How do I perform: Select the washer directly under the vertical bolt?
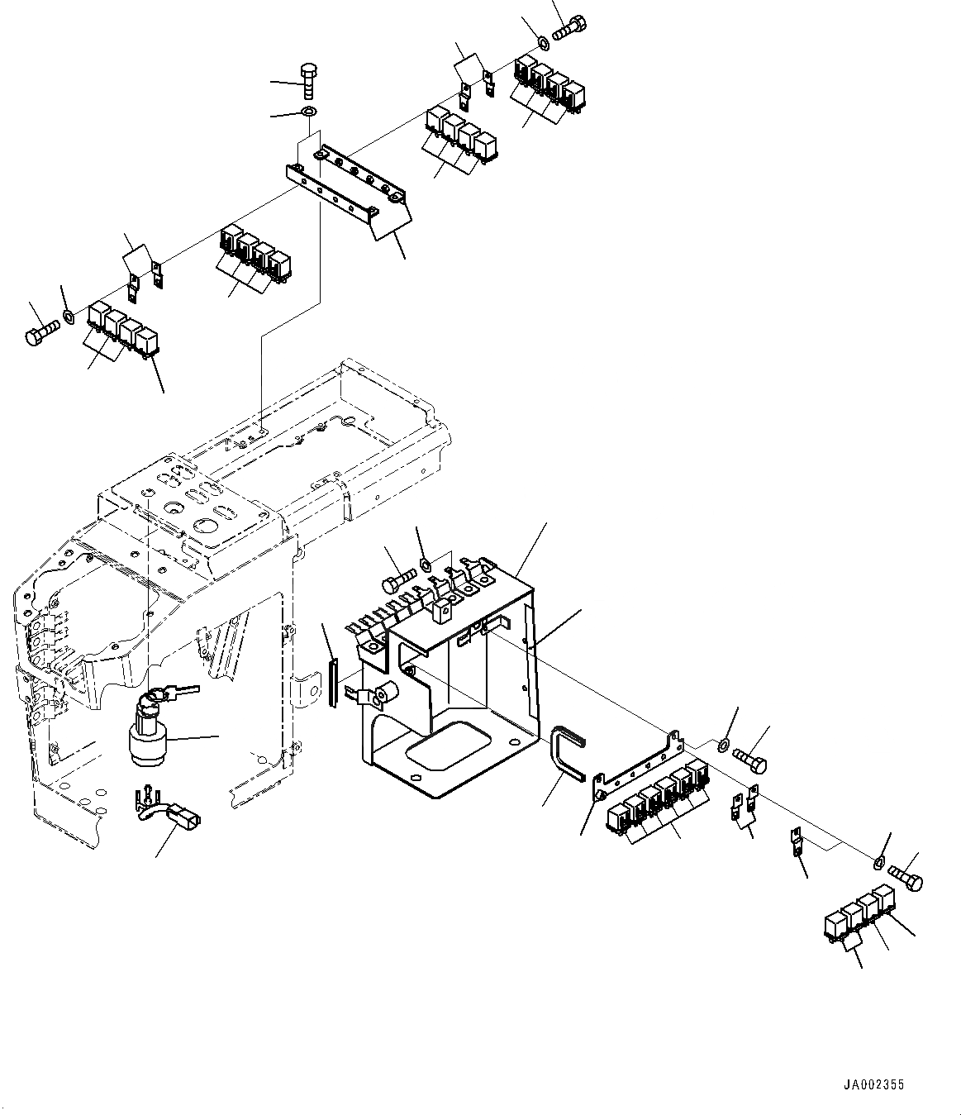[309, 112]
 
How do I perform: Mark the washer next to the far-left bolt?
[68, 316]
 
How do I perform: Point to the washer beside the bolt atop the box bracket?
[425, 565]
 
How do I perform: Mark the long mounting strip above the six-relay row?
[640, 761]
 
